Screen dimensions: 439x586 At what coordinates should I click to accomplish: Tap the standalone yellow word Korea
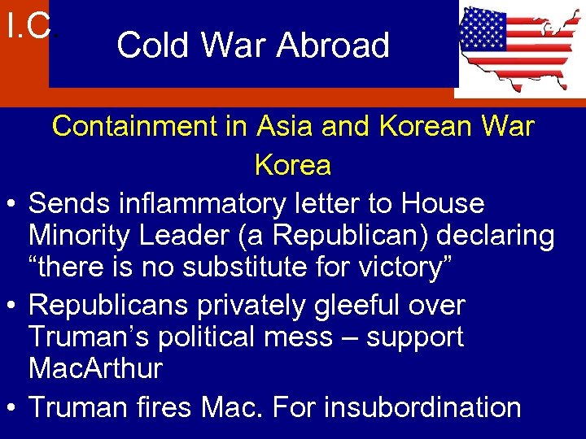click(x=293, y=165)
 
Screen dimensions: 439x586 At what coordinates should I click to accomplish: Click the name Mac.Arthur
click(x=95, y=368)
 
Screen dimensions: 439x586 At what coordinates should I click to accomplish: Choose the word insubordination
click(x=422, y=406)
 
